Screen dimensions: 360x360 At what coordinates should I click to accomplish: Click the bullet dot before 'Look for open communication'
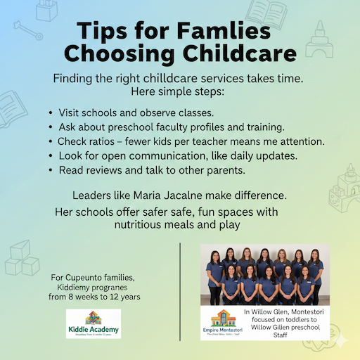pyautogui.click(x=51, y=156)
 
